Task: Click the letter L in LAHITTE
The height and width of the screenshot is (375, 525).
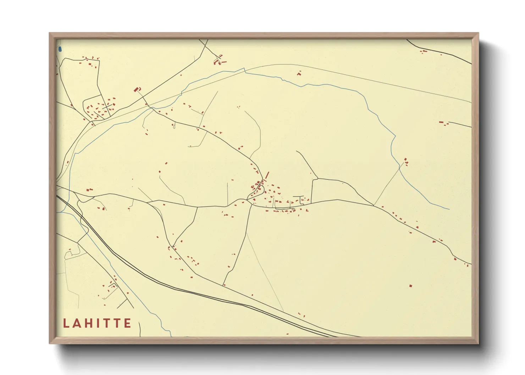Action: [x=66, y=323]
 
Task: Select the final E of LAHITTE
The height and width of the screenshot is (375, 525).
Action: [x=127, y=323]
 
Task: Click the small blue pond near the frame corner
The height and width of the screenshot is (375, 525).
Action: [x=60, y=49]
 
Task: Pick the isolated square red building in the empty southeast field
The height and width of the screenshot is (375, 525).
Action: [x=411, y=285]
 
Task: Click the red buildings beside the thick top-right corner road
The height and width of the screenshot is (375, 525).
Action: [x=423, y=52]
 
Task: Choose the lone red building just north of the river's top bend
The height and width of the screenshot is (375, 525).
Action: [x=299, y=73]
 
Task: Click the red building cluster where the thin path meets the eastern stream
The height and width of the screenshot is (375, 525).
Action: [x=406, y=162]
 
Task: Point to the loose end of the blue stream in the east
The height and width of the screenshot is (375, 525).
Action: [x=449, y=209]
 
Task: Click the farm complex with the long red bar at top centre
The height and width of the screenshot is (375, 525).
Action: [x=220, y=60]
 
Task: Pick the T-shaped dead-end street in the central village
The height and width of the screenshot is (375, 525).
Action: [x=299, y=197]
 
